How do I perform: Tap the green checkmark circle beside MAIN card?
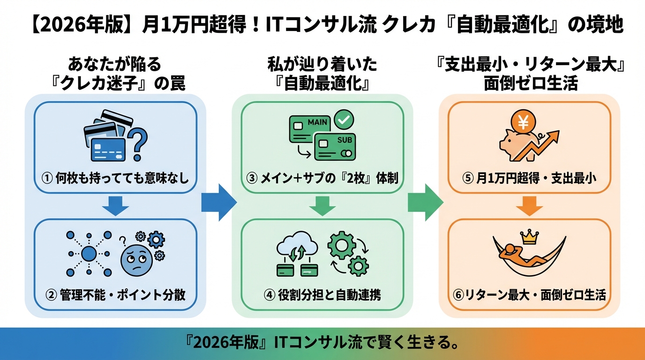coord(345,120)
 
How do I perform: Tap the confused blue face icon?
coord(135,260)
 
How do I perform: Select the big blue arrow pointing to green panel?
coord(218,203)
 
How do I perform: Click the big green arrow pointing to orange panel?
coord(425,203)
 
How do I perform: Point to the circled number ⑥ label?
coord(458,295)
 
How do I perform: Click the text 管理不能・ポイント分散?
coord(122,295)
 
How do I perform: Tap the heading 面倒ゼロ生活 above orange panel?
coord(531,83)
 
